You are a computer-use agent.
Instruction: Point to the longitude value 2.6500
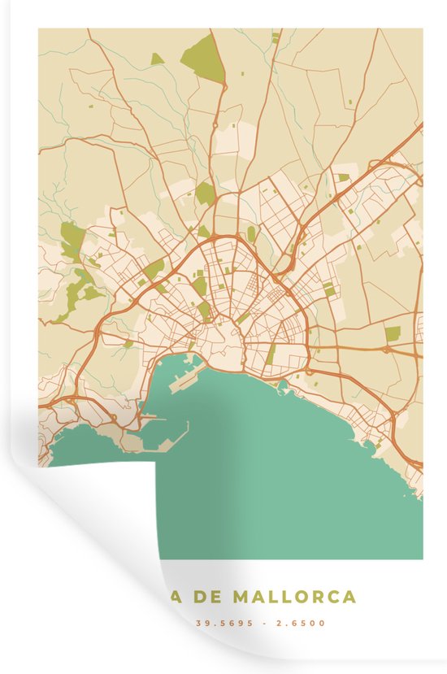304,624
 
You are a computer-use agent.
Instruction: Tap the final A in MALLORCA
349,597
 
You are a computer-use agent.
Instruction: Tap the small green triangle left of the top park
156,58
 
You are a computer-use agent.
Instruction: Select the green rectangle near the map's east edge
393,333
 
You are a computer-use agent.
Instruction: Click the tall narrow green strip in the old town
271,354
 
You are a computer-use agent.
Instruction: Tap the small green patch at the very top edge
275,37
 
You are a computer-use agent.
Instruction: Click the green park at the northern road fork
206,194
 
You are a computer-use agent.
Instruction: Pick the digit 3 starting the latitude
197,624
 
